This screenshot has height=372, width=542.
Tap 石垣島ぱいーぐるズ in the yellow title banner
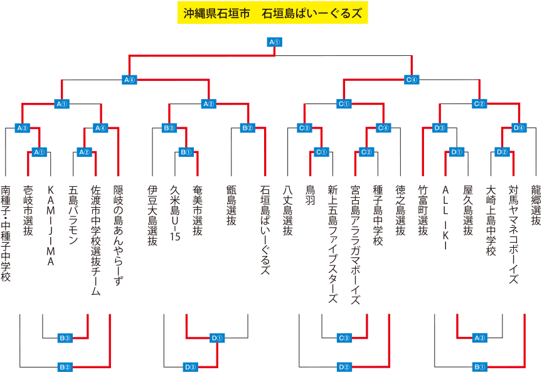311,13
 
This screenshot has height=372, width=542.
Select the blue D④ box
518,128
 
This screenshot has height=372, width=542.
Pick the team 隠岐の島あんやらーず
119,236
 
